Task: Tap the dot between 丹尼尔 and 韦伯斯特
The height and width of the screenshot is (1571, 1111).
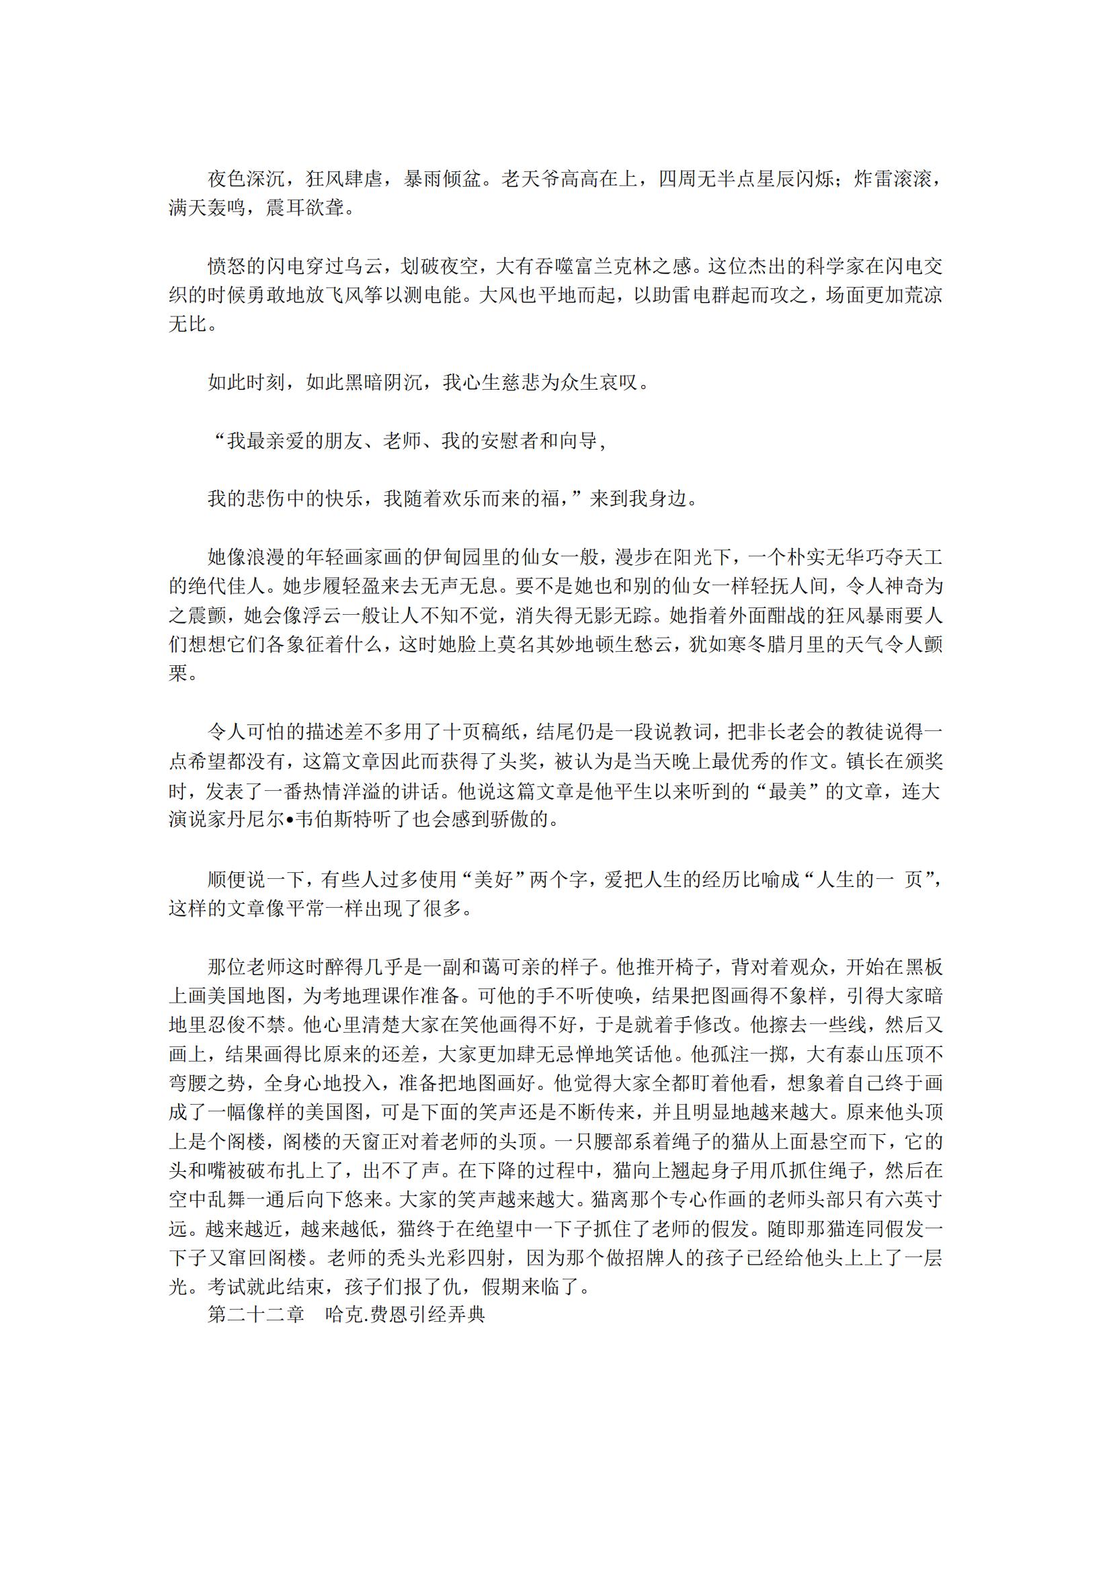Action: [x=289, y=820]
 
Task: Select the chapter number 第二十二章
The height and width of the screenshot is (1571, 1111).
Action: [x=256, y=1314]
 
